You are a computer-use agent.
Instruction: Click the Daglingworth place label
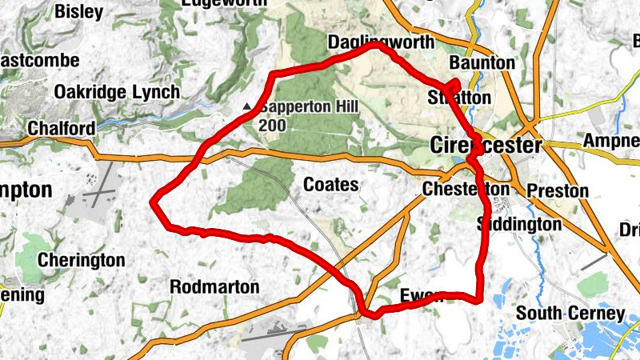(x=381, y=42)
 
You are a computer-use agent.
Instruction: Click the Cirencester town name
(x=486, y=146)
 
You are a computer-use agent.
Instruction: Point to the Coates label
(x=330, y=185)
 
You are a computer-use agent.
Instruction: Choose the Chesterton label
(x=466, y=190)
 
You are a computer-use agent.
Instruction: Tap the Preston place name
(x=558, y=191)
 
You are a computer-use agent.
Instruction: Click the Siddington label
(x=519, y=224)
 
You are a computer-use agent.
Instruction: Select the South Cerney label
(x=570, y=313)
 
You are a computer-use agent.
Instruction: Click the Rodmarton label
(x=214, y=286)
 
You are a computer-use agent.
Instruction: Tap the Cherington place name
(x=82, y=260)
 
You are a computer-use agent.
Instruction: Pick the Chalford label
(x=61, y=128)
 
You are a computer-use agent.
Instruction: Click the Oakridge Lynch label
(x=117, y=92)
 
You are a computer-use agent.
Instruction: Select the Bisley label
(x=78, y=12)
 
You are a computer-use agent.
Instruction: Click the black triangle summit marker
(x=248, y=106)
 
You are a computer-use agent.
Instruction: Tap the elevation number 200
(x=273, y=126)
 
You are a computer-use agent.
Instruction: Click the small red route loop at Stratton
(x=453, y=85)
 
